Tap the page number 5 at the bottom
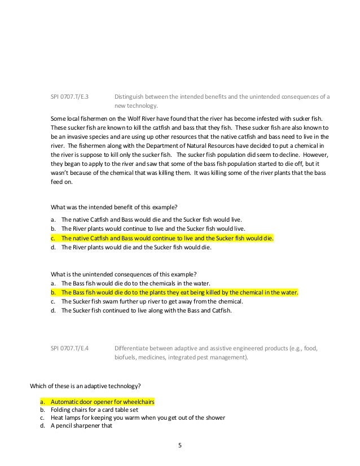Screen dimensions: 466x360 (x=180, y=446)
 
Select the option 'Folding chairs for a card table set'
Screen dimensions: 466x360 (x=96, y=410)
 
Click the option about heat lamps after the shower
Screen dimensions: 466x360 (x=138, y=417)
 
